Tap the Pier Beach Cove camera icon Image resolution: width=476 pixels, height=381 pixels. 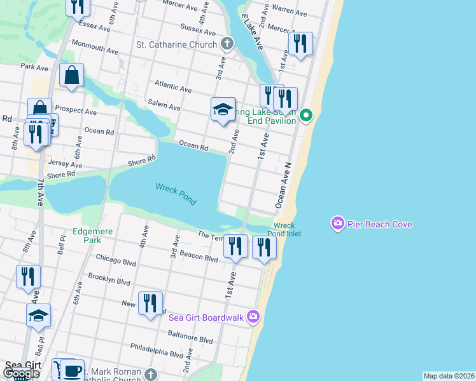click(x=337, y=224)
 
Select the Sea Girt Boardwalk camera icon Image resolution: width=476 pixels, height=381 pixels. click(x=253, y=316)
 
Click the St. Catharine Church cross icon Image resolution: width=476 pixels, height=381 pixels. click(x=227, y=44)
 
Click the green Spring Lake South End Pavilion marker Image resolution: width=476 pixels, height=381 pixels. click(x=306, y=115)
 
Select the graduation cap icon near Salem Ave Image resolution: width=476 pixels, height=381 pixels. click(x=223, y=109)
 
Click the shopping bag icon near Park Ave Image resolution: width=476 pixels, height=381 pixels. click(x=72, y=75)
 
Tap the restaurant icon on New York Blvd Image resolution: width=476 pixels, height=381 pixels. click(x=150, y=304)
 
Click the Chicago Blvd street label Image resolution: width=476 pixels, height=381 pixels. click(x=116, y=258)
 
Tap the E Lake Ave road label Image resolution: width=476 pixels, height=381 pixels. click(x=253, y=34)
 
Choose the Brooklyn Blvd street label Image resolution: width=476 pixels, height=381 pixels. click(x=109, y=279)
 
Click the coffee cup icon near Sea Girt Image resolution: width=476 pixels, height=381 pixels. click(x=72, y=371)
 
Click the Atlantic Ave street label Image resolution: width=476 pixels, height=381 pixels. click(x=172, y=86)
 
